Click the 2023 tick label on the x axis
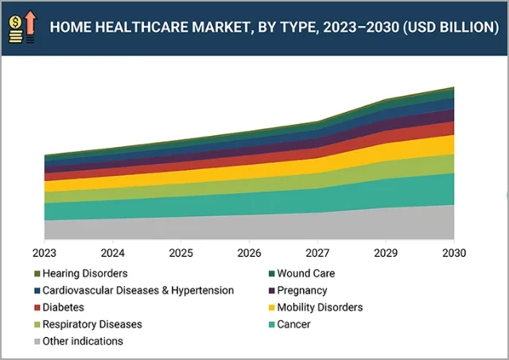tap(45, 253)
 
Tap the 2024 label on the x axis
tap(113, 253)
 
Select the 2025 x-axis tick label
tap(181, 253)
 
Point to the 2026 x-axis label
tap(249, 253)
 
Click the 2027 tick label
tap(317, 253)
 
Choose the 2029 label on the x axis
tap(386, 253)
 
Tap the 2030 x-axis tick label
tap(453, 253)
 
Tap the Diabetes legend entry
tap(64, 307)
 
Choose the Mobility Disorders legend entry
tap(319, 307)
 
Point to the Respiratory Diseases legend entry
tap(92, 324)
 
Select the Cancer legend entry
tap(293, 324)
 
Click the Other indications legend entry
tap(83, 341)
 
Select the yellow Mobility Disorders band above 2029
tap(386, 151)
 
